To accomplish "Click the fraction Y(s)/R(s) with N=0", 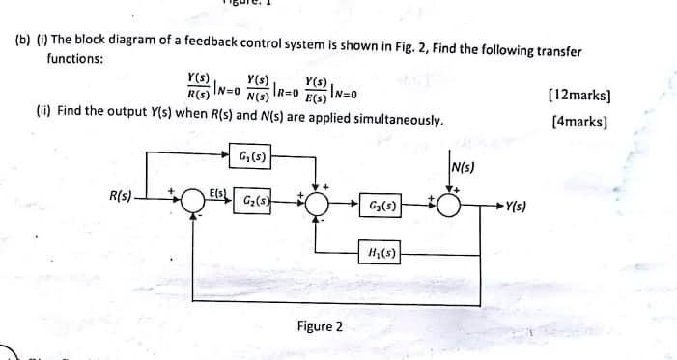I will click(202, 89).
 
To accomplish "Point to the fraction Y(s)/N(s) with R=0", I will click(258, 89).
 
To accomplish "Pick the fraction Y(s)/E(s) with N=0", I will click(315, 89).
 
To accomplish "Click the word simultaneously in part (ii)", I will click(400, 122).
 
